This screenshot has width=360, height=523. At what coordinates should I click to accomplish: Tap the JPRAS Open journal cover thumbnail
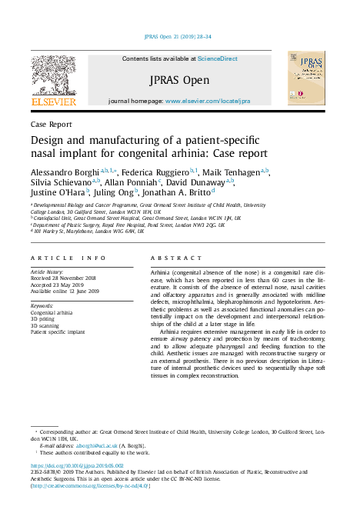tap(302, 78)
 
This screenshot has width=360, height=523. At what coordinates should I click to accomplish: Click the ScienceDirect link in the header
tap(218, 58)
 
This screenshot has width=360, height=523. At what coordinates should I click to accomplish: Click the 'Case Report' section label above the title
tap(52, 124)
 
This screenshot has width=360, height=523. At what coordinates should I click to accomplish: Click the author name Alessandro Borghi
tap(65, 172)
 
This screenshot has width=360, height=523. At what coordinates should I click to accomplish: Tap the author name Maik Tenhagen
tap(233, 172)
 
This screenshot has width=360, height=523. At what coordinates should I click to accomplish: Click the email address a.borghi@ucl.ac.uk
tap(90, 445)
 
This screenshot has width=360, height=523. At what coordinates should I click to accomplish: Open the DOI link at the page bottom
tap(76, 466)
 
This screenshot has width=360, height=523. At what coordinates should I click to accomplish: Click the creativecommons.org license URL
tap(89, 486)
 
